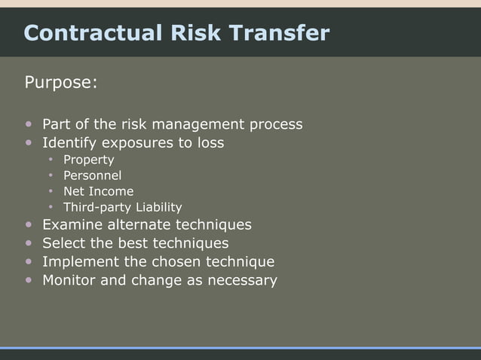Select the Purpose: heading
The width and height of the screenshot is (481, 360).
(x=61, y=82)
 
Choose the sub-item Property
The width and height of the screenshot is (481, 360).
(x=88, y=160)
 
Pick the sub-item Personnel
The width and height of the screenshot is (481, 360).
(x=92, y=175)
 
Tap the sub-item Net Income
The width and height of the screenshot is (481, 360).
(x=98, y=191)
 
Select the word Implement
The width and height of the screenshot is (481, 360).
(x=81, y=262)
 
